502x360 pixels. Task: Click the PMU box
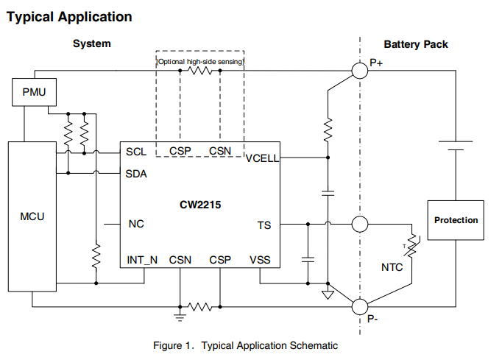tap(35, 92)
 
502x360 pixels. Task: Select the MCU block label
tap(32, 216)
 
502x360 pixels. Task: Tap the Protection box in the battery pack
tap(456, 220)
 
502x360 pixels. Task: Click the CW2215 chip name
tap(200, 205)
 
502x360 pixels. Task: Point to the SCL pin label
tap(136, 152)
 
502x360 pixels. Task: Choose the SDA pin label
tap(136, 174)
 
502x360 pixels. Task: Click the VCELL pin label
tap(262, 158)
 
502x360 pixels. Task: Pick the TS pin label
tap(264, 225)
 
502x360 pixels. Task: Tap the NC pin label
tap(136, 224)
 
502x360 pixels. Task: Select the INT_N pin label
tap(142, 260)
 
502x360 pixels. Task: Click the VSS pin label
tap(260, 260)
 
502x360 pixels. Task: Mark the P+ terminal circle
tap(360, 71)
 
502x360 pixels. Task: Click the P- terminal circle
tap(360, 306)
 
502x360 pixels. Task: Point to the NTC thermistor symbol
tap(411, 247)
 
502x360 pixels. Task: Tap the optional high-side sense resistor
tap(200, 71)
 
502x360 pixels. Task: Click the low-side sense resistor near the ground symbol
tap(200, 307)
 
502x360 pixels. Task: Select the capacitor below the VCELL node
tap(328, 193)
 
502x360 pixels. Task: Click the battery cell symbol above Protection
tap(456, 146)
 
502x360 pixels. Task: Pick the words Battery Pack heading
tap(416, 44)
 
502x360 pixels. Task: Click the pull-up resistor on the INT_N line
tap(96, 256)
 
